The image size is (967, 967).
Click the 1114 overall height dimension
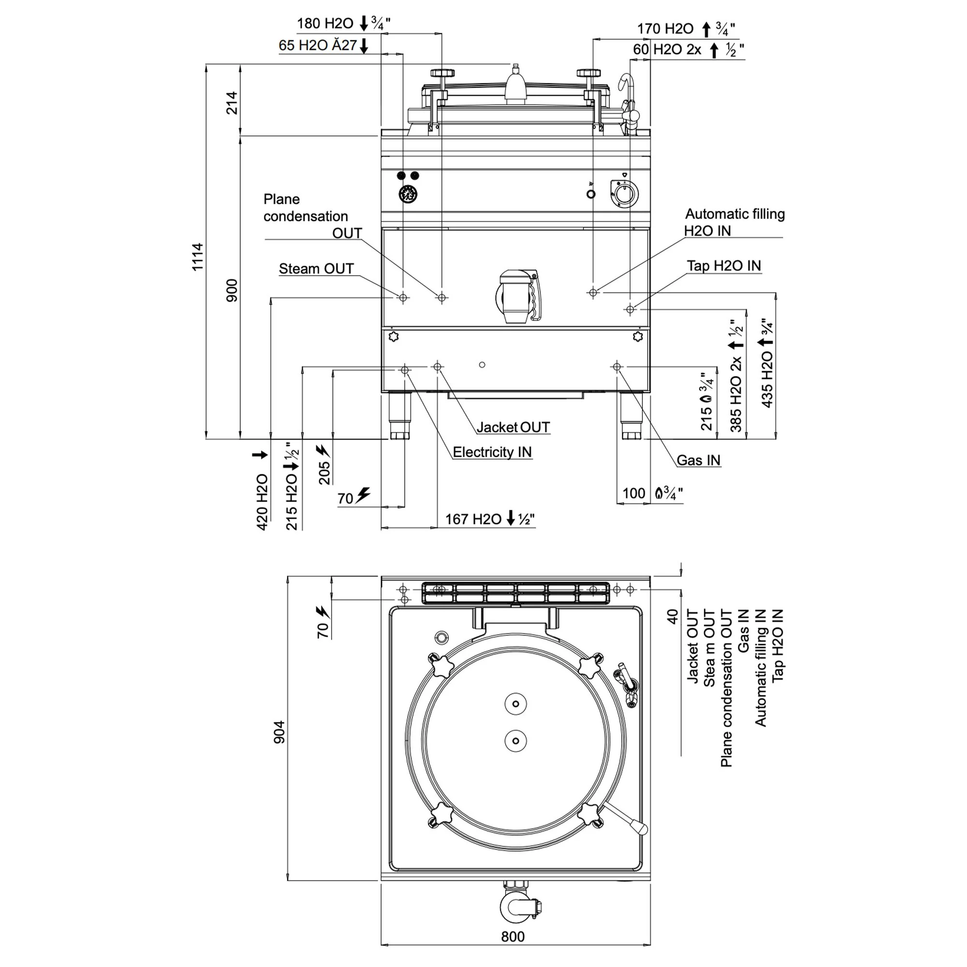[198, 257]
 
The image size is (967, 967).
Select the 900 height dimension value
[232, 291]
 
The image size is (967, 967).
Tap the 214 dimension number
[232, 103]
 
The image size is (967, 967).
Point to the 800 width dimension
[513, 936]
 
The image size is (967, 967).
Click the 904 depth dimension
[279, 732]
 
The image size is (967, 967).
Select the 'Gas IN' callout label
[698, 460]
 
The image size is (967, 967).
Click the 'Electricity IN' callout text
[492, 452]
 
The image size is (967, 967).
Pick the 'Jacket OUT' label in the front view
[513, 427]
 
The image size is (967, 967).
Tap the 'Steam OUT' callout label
[316, 268]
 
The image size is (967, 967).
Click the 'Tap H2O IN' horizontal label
[724, 265]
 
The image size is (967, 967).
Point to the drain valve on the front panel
[518, 296]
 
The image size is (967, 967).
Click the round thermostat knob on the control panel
[625, 193]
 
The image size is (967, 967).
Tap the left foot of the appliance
[400, 416]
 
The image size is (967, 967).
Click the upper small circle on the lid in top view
[515, 703]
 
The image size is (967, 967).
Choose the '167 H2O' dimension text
[473, 519]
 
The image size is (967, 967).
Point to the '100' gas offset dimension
[634, 493]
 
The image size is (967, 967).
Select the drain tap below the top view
[521, 906]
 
